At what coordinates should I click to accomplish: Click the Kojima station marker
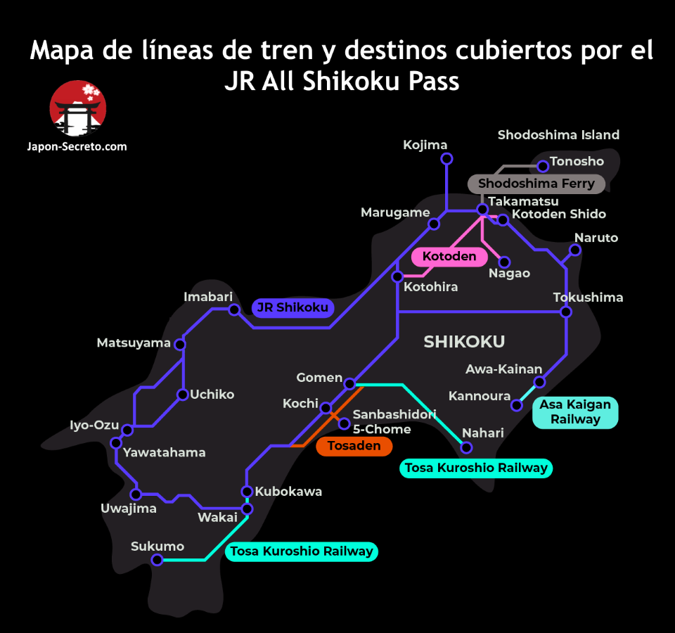pyautogui.click(x=446, y=159)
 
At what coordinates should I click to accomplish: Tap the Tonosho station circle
pyautogui.click(x=543, y=166)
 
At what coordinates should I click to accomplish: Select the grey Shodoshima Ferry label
pyautogui.click(x=536, y=184)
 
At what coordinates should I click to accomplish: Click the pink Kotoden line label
pyautogui.click(x=449, y=257)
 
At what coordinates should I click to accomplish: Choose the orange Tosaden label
pyautogui.click(x=354, y=446)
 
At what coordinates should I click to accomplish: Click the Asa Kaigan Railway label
pyautogui.click(x=574, y=412)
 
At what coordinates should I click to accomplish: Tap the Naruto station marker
pyautogui.click(x=575, y=250)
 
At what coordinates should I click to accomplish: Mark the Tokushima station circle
pyautogui.click(x=566, y=312)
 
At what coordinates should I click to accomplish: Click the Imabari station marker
pyautogui.click(x=234, y=309)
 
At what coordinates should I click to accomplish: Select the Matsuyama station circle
pyautogui.click(x=180, y=344)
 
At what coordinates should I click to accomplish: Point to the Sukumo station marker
pyautogui.click(x=157, y=560)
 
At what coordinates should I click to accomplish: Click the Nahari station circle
pyautogui.click(x=465, y=447)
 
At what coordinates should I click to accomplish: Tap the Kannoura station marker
pyautogui.click(x=517, y=405)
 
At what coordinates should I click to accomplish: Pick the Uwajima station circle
pyautogui.click(x=136, y=494)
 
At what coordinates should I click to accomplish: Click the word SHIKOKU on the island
pyautogui.click(x=464, y=342)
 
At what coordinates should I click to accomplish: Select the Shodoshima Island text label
pyautogui.click(x=558, y=135)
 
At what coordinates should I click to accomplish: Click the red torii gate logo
pyautogui.click(x=78, y=109)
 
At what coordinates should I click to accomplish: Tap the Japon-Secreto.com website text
pyautogui.click(x=78, y=146)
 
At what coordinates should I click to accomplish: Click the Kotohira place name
pyautogui.click(x=430, y=287)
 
